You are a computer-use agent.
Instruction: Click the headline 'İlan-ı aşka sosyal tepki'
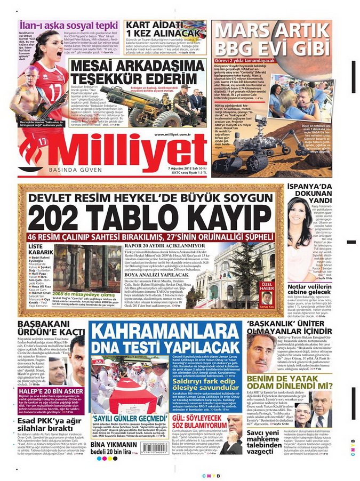click(x=68, y=25)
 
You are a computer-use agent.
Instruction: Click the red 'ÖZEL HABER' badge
click(x=267, y=286)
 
